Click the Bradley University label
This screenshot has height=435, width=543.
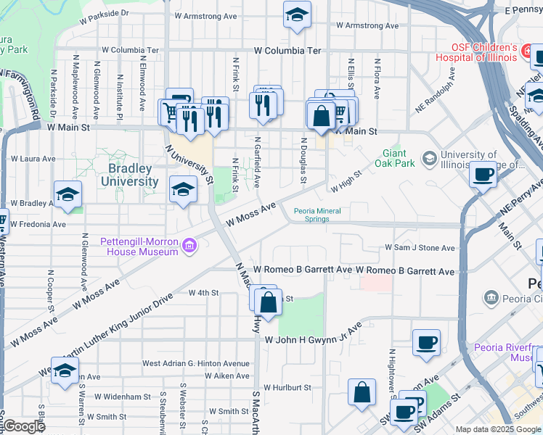click(x=133, y=175)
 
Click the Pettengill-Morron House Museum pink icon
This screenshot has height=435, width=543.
click(x=189, y=246)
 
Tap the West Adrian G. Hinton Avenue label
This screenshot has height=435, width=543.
click(x=195, y=363)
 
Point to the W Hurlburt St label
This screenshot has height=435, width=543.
click(x=287, y=388)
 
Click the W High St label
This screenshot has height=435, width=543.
click(x=346, y=181)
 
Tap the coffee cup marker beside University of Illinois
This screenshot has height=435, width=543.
click(x=483, y=174)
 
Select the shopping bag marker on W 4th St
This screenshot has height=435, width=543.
click(x=268, y=301)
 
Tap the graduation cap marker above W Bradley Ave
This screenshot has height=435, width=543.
click(x=68, y=194)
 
